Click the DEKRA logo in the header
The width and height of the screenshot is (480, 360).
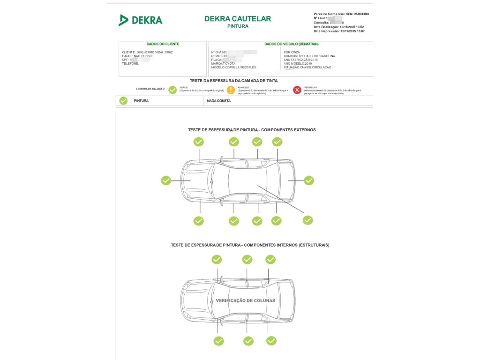point(140,20)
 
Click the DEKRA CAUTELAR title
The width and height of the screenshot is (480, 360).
point(238,19)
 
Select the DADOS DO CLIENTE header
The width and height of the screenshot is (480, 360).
point(163,44)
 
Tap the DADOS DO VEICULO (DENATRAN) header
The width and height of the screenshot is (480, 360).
point(291,44)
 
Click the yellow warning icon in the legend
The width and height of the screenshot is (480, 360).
point(231,90)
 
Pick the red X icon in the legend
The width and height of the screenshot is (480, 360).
point(297,90)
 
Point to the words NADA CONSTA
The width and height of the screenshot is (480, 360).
point(219,101)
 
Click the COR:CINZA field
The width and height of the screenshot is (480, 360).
point(292,52)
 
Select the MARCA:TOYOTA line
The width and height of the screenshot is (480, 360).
point(223,64)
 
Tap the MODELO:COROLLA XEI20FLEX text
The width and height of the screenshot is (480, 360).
point(233,67)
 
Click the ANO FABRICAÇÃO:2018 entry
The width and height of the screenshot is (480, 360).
point(300,60)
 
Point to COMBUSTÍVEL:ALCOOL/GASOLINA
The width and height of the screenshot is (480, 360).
point(309,56)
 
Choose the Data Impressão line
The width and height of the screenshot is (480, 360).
point(339,31)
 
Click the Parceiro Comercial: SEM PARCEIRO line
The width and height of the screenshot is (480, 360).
point(341,14)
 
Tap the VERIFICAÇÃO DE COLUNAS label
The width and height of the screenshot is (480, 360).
point(245,300)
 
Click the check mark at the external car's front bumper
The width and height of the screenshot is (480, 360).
point(166,180)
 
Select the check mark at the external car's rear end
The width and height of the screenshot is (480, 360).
point(309,180)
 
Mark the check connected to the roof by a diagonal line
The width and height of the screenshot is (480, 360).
point(307,220)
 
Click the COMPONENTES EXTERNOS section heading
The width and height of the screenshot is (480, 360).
point(252,130)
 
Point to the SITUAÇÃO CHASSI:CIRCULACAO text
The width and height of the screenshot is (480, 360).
point(307,67)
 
